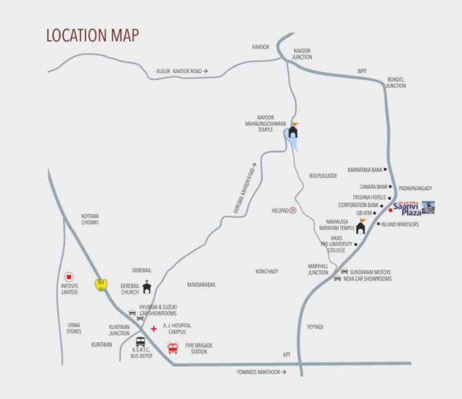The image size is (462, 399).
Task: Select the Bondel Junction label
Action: click(x=396, y=83)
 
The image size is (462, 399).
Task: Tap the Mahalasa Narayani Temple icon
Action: click(x=360, y=226)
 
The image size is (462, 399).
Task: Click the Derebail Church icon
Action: click(x=147, y=288)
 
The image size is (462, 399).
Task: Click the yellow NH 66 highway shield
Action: click(x=100, y=284)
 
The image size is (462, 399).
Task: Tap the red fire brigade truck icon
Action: click(x=172, y=347)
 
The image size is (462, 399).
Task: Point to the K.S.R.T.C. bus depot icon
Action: click(x=141, y=342)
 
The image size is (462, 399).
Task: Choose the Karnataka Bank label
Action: click(x=363, y=169)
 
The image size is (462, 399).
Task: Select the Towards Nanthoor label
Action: click(x=261, y=372)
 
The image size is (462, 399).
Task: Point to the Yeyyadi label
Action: click(x=314, y=327)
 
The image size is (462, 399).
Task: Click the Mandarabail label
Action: click(x=201, y=285)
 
